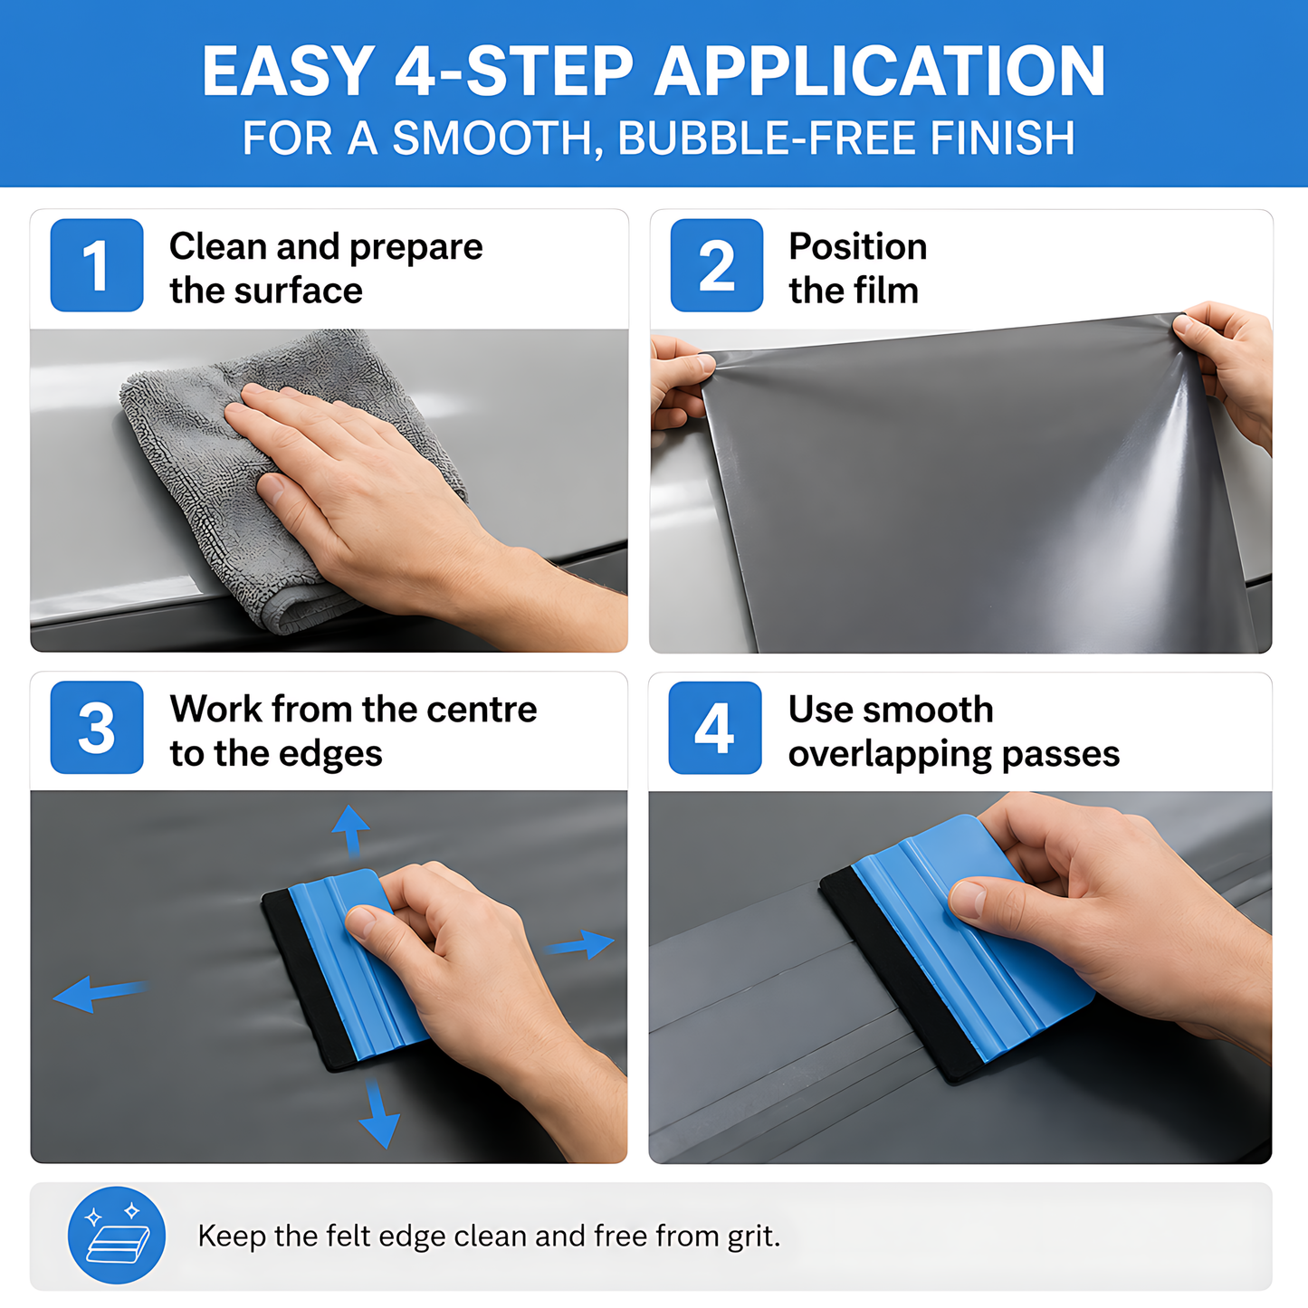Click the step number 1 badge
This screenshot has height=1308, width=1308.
coord(96,264)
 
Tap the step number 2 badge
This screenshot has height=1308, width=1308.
coord(717,264)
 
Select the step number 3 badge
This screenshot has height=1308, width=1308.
coord(96,727)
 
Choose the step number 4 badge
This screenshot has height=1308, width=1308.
coord(715,728)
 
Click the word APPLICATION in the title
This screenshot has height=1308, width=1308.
coord(879,72)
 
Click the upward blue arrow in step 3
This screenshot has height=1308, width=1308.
coord(351,831)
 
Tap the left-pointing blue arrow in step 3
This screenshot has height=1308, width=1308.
coord(100,994)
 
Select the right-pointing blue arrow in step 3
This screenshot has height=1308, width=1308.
coord(579,944)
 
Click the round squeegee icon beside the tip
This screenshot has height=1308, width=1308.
coord(117,1235)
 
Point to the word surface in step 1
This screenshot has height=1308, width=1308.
coord(298,291)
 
